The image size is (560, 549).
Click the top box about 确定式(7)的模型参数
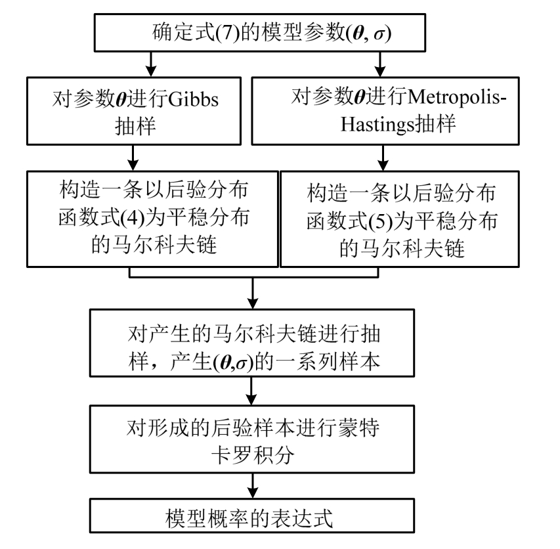(253, 32)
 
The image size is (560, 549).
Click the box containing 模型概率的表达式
(253, 518)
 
